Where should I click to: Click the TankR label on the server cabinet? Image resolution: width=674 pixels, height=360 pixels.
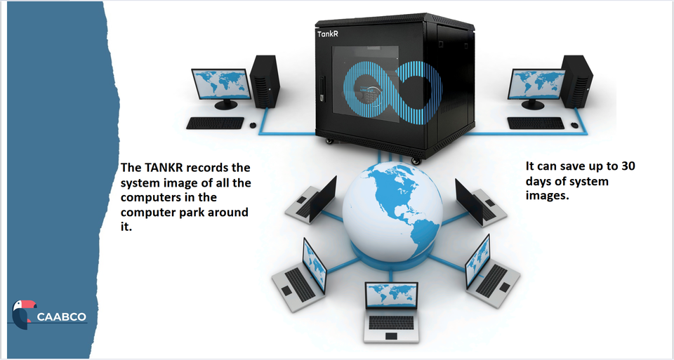[x=327, y=32]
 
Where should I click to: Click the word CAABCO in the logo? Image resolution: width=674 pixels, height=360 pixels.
[x=61, y=317]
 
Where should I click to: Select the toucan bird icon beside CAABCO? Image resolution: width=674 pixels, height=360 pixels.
[x=22, y=314]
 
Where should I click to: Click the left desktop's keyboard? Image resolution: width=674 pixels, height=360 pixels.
[x=215, y=123]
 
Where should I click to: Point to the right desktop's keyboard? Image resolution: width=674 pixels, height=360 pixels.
[x=535, y=123]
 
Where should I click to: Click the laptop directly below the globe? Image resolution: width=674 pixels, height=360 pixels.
[x=390, y=312]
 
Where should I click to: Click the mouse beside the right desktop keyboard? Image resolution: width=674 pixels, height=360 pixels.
[x=575, y=125]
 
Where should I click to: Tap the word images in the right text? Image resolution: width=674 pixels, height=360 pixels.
[x=547, y=196]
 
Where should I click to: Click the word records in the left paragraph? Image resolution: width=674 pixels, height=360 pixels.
[x=205, y=168]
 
